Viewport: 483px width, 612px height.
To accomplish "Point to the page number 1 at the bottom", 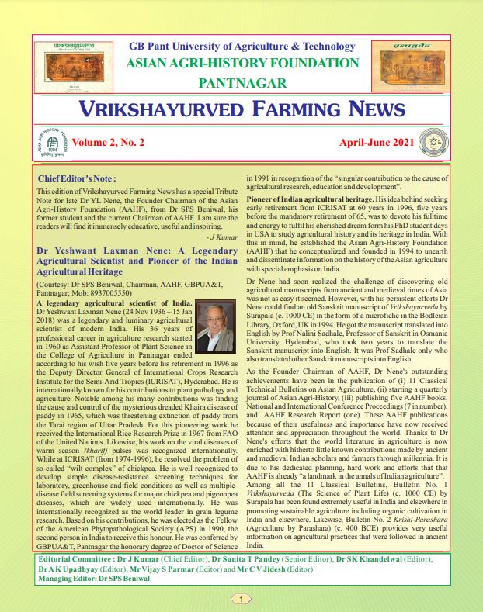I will click(241, 599).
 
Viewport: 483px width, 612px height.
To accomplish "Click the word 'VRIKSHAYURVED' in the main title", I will click(166, 109).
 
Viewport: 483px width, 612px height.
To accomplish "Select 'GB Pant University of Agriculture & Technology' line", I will click(241, 47).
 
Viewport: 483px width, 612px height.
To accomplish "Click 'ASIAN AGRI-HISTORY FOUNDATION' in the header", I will click(242, 63).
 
